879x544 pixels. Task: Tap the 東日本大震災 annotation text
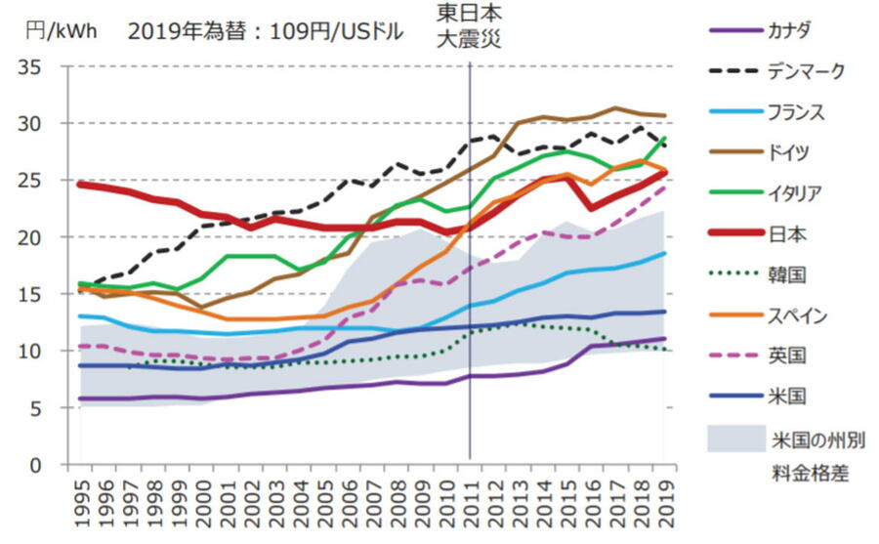pos(471,27)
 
